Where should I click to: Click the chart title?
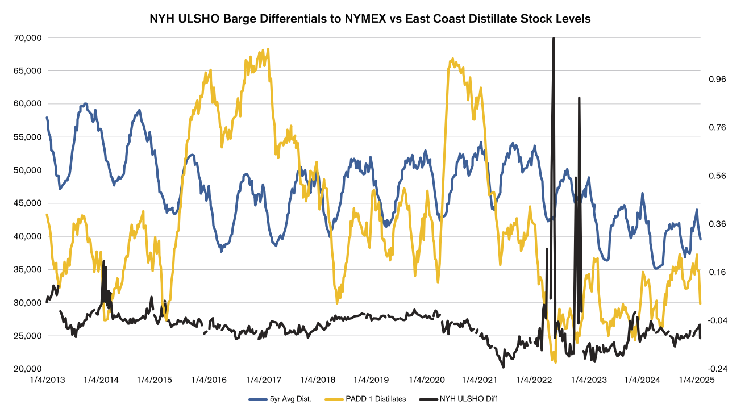[370, 19]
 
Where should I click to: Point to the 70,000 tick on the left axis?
[26, 37]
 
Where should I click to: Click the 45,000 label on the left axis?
[26, 203]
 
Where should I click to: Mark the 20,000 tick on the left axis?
[26, 369]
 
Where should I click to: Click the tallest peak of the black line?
[553, 38]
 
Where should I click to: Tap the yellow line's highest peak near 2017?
[268, 49]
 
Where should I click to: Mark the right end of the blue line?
[700, 239]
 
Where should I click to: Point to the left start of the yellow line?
[47, 214]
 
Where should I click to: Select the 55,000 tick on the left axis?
[26, 137]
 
